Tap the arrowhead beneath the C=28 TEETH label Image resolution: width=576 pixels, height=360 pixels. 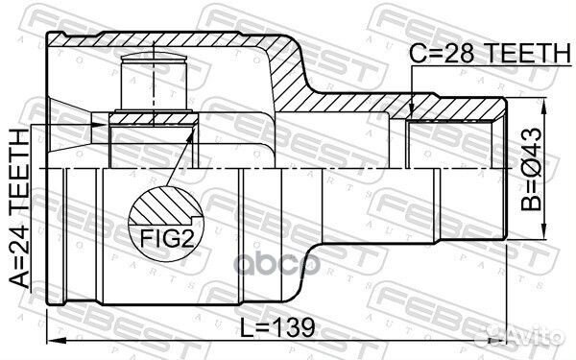(411, 110)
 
